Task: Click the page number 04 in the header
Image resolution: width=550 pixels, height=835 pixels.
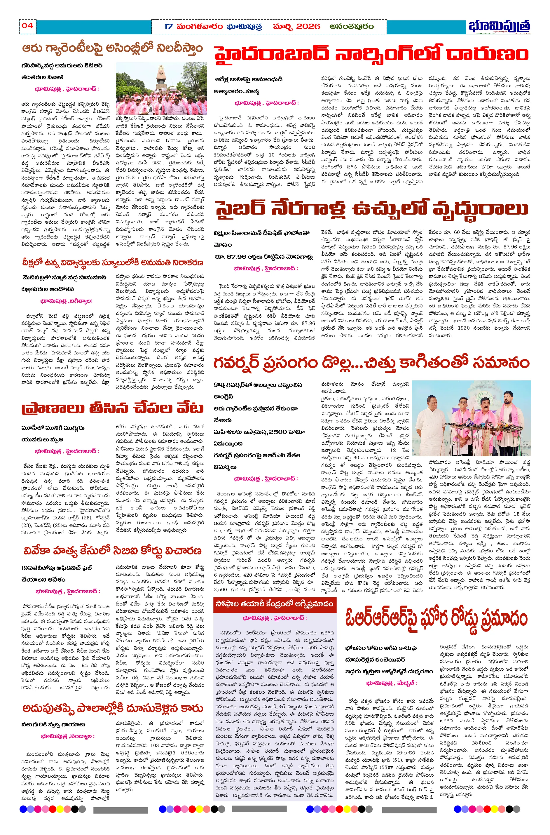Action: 27,26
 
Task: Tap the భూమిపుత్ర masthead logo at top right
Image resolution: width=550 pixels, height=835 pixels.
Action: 499,26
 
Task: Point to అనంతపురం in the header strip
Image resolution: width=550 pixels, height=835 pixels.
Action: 352,27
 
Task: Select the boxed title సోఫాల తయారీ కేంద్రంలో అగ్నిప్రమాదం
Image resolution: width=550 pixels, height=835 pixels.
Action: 274,604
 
